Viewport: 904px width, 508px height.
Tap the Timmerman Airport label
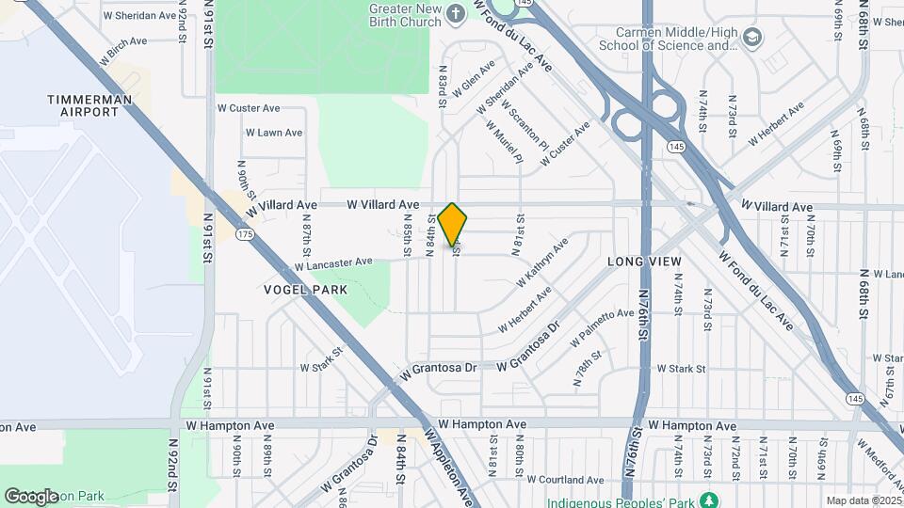point(84,105)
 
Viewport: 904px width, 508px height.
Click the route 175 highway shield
point(246,233)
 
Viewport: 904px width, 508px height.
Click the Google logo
point(31,496)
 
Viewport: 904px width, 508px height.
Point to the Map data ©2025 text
point(864,500)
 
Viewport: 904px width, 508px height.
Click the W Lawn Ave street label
point(274,133)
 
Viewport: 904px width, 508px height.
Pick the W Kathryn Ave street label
point(542,262)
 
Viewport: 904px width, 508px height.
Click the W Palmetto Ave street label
point(602,325)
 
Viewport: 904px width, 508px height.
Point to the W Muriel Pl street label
point(504,140)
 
